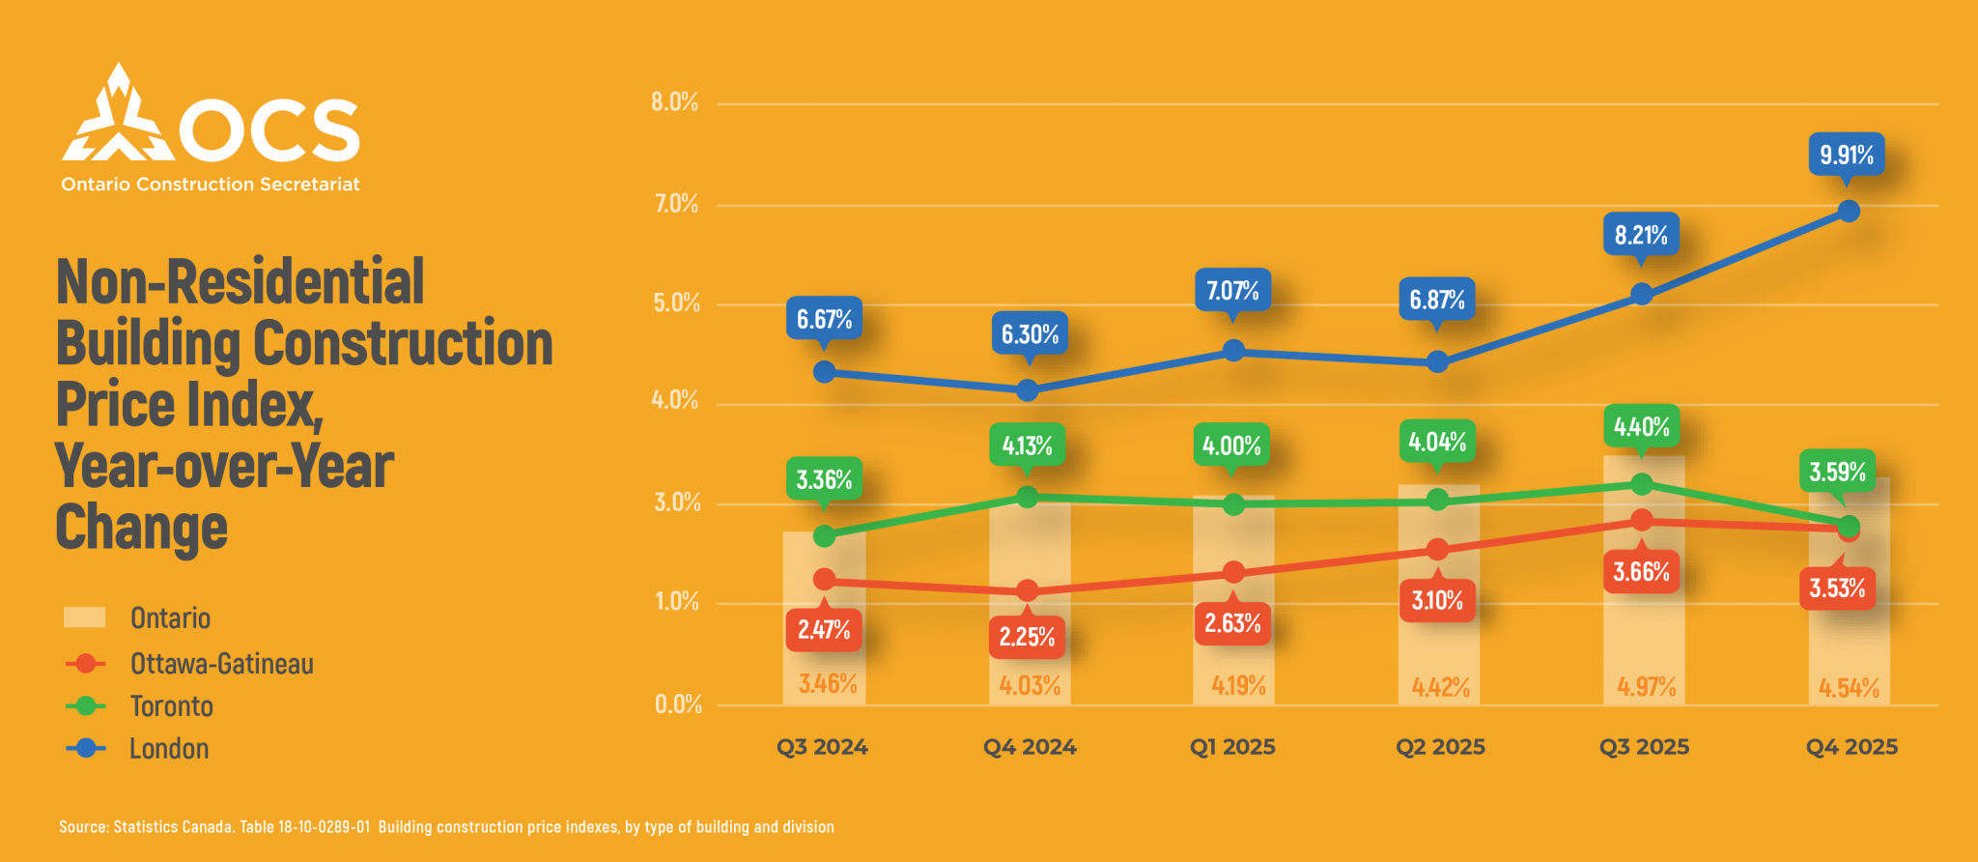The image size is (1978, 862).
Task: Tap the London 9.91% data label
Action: point(1846,155)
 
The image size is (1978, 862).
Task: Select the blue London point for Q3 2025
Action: point(1641,294)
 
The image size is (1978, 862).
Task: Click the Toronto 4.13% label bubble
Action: point(1027,445)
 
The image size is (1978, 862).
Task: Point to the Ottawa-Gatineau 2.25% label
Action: point(1027,637)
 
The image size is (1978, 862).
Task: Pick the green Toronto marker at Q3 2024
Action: point(824,535)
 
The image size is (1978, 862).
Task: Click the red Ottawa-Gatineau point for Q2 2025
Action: point(1437,549)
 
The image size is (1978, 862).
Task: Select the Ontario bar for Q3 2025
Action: point(1644,580)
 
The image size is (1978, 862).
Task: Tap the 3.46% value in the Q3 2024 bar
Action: point(828,684)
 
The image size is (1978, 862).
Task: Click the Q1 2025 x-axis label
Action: point(1232,747)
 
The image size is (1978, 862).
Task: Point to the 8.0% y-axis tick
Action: point(674,102)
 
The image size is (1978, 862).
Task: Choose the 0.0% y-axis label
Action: point(678,704)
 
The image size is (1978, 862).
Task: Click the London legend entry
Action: point(137,748)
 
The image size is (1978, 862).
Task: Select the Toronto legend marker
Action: point(86,706)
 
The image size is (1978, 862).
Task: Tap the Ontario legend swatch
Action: point(84,618)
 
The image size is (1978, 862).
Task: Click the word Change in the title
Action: point(141,528)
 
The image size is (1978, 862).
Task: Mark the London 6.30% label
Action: point(1029,334)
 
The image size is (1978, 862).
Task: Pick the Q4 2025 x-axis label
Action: point(1851,747)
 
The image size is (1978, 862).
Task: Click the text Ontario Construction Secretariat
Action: point(211,185)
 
